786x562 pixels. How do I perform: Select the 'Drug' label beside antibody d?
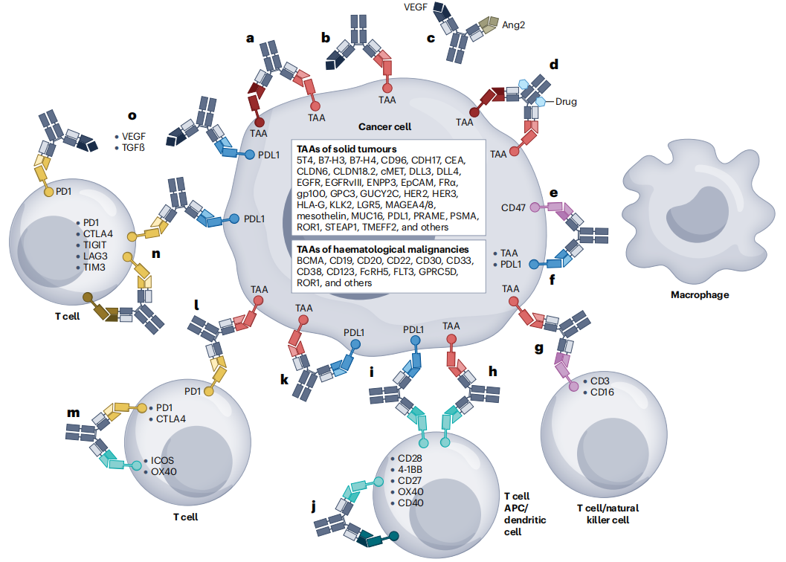coord(565,102)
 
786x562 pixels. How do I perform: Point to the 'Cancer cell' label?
coord(384,127)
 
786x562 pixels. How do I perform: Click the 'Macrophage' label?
coord(699,294)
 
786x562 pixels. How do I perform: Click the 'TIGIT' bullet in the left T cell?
coord(97,245)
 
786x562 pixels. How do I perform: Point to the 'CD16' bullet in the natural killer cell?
coord(604,392)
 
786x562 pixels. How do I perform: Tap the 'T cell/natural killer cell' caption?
coord(608,514)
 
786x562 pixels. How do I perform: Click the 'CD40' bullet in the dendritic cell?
coord(411,503)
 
